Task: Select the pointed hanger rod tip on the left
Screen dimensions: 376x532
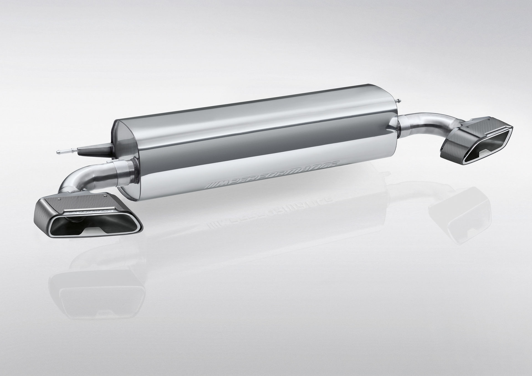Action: [59, 151]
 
